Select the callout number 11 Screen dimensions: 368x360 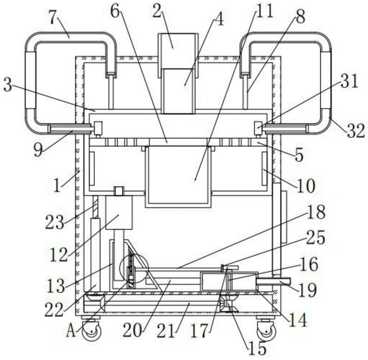pos(265,11)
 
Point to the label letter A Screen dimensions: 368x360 pos(71,331)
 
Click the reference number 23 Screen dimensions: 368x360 pos(54,222)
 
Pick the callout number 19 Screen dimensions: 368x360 pos(307,290)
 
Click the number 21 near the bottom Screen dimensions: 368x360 pos(166,331)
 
